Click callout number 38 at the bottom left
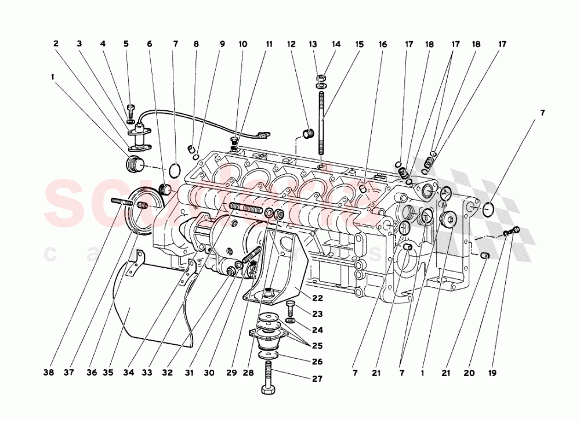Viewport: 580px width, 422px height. point(49,373)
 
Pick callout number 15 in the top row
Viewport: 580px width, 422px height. point(360,44)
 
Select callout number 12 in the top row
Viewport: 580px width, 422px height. point(291,44)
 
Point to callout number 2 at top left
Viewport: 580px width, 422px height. point(56,44)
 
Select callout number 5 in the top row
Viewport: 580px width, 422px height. point(126,44)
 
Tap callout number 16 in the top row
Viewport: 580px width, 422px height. point(383,44)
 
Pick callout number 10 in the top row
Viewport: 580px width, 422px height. point(242,44)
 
